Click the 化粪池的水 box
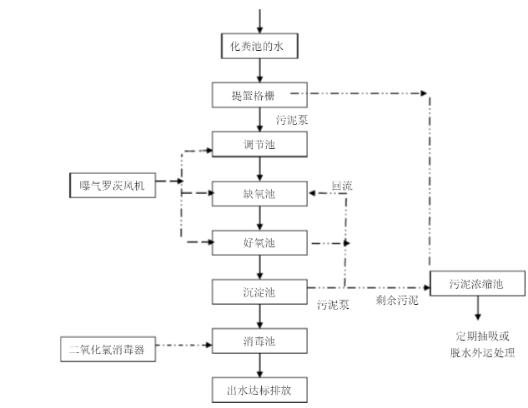(261, 45)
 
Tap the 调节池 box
(261, 145)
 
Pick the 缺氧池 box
(261, 194)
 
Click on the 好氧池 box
(261, 243)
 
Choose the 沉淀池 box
(261, 291)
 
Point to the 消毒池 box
(261, 341)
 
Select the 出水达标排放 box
(261, 389)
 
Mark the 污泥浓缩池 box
(478, 285)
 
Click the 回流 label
(342, 187)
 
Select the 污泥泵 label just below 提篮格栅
(293, 120)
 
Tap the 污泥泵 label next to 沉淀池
(333, 305)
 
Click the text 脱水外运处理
(483, 352)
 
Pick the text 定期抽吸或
(483, 336)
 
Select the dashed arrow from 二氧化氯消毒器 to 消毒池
(183, 344)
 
